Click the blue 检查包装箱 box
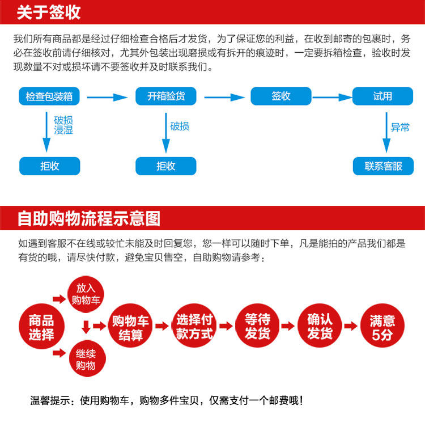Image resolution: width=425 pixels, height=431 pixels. (x=50, y=96)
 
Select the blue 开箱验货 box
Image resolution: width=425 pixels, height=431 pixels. (x=166, y=96)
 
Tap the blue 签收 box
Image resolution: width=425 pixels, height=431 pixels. (x=281, y=96)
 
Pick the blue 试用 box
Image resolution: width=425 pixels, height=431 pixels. (x=382, y=96)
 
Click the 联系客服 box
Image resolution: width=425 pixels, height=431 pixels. (x=383, y=166)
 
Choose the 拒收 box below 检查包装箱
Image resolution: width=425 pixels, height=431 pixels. (x=50, y=166)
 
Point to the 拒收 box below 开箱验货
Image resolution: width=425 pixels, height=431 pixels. (x=166, y=166)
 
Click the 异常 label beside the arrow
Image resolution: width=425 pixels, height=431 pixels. (x=400, y=128)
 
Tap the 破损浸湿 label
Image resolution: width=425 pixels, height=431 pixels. (x=63, y=125)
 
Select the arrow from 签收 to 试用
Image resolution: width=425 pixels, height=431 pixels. (x=331, y=98)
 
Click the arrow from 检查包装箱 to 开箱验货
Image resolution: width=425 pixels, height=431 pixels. (x=108, y=98)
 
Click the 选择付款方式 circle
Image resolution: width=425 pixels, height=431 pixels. (x=194, y=326)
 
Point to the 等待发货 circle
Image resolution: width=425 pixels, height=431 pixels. (x=258, y=326)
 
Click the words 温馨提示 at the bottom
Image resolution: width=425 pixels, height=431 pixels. (x=51, y=400)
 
